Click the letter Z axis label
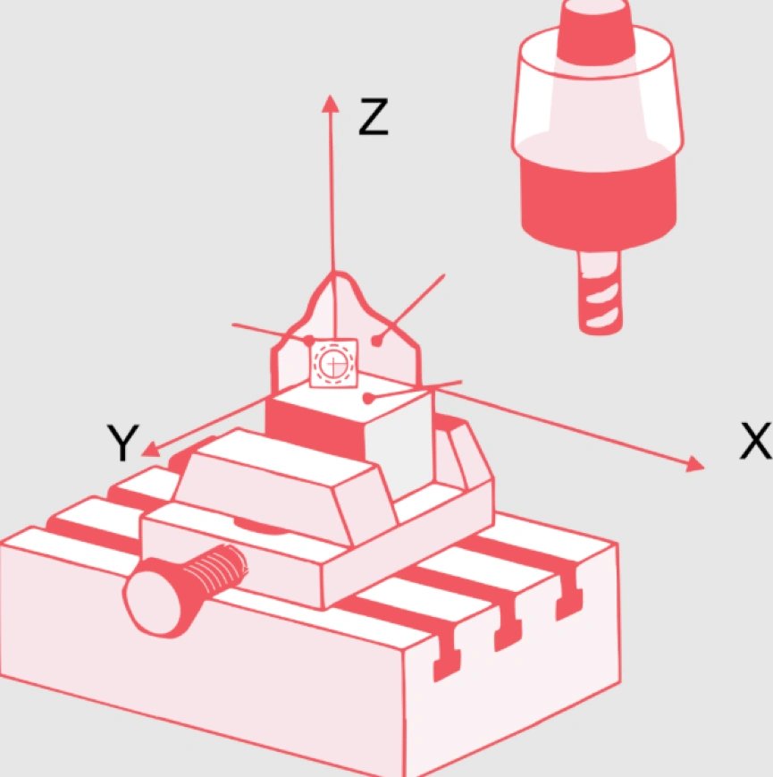[373, 117]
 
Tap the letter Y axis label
[122, 443]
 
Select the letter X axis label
[755, 441]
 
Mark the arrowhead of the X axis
[694, 464]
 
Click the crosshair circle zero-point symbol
[333, 364]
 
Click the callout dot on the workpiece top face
[367, 399]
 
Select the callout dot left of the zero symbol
[308, 341]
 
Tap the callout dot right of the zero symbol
[378, 341]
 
